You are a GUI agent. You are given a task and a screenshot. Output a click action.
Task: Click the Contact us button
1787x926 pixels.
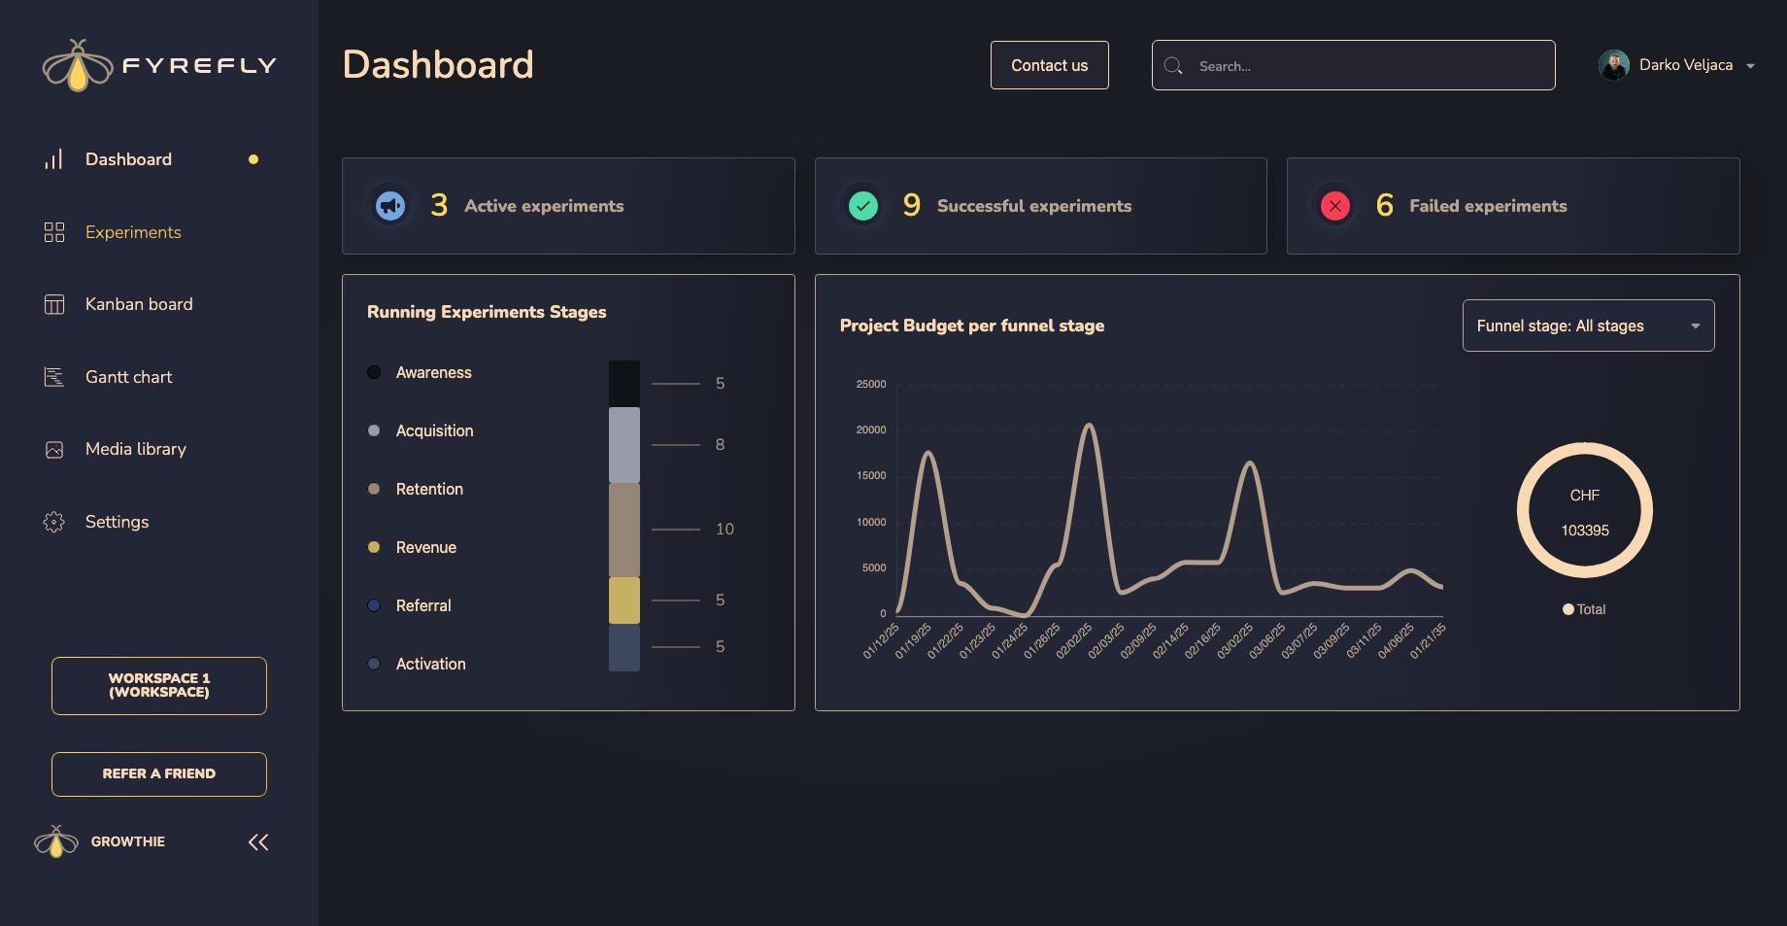click(1049, 65)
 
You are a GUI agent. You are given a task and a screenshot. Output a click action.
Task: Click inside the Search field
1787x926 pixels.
click(1360, 65)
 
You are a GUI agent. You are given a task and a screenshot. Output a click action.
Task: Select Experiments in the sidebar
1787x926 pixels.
click(133, 232)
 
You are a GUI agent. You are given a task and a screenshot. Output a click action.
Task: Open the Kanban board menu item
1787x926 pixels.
click(139, 304)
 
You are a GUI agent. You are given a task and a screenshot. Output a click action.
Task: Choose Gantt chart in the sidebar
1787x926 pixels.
click(128, 377)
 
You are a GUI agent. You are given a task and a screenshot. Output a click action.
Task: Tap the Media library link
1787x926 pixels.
click(135, 449)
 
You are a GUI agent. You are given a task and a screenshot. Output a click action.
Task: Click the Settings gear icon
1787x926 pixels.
click(54, 522)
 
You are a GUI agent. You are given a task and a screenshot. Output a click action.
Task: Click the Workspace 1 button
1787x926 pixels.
click(159, 686)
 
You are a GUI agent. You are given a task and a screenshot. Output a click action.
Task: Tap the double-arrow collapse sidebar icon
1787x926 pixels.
click(258, 842)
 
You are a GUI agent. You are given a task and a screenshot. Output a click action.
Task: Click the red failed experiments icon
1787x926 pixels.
click(1335, 206)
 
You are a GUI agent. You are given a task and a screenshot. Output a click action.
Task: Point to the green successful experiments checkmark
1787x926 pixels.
click(863, 206)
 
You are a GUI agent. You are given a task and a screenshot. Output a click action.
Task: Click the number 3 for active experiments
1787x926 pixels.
click(439, 206)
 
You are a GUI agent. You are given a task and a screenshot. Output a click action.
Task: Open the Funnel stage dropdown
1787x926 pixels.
click(1588, 326)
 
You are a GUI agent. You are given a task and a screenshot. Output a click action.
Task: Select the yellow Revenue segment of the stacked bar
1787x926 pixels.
click(624, 600)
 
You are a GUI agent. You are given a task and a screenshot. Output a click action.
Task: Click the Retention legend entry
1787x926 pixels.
click(429, 489)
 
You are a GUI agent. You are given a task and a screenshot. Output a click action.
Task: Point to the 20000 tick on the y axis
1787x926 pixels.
click(871, 429)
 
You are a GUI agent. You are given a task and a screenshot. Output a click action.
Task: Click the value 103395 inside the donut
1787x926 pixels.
click(1585, 531)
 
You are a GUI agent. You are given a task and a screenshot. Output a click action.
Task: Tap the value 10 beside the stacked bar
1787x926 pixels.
click(725, 530)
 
